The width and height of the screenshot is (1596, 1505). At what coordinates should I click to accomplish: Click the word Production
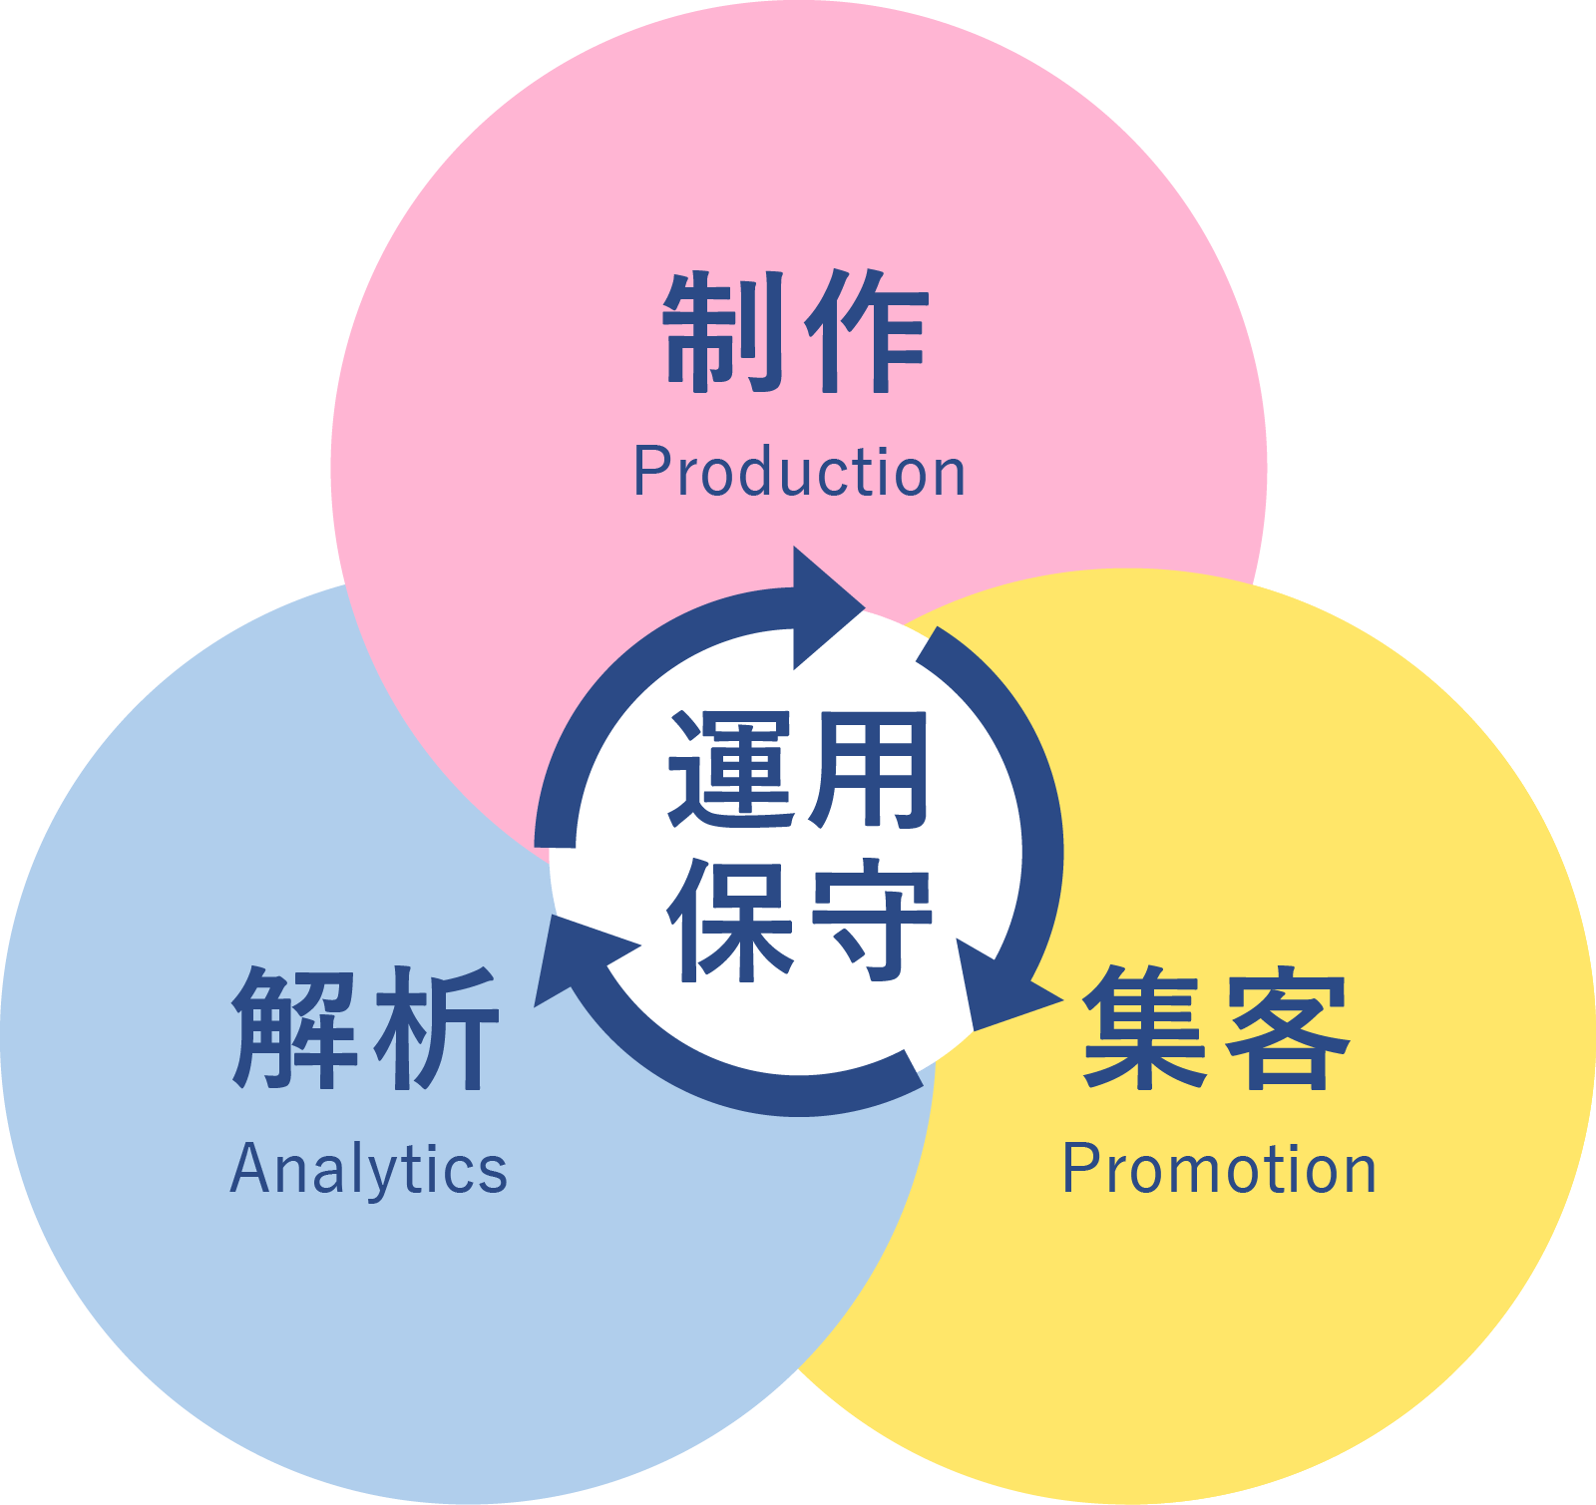click(799, 472)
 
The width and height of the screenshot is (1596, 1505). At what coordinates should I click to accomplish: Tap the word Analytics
click(368, 1169)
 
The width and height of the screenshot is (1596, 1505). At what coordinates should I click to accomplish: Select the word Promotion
click(1219, 1168)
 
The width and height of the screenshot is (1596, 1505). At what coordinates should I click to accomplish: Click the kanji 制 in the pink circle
click(723, 331)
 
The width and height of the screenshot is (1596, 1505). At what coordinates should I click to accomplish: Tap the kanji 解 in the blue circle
click(294, 1027)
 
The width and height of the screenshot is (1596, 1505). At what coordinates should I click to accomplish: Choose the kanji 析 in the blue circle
click(436, 1027)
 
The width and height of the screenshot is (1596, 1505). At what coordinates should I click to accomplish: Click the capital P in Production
click(649, 472)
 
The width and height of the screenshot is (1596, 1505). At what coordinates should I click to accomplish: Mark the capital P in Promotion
click(1078, 1168)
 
